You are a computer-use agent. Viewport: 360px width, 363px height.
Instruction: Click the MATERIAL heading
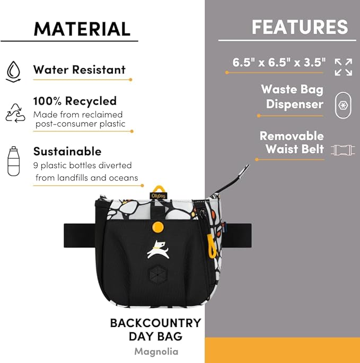(82, 29)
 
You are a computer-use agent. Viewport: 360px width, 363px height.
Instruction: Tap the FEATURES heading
(300, 27)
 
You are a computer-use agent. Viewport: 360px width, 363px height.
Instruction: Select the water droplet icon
(13, 72)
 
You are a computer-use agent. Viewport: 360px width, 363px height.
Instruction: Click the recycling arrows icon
(15, 113)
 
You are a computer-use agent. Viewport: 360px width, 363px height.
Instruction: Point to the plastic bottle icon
(13, 161)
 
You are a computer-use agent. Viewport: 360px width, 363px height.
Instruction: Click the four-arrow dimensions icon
(344, 67)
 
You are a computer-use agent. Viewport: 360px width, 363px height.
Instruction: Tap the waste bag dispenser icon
(343, 105)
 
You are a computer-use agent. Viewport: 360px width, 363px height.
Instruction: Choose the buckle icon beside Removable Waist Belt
(343, 150)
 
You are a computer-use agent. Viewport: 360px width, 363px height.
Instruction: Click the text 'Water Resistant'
(79, 69)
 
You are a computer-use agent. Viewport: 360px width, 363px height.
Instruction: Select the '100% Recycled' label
(75, 101)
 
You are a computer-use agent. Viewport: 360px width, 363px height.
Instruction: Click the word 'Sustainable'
(67, 152)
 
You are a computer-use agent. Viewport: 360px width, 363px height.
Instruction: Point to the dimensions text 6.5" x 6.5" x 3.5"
(279, 63)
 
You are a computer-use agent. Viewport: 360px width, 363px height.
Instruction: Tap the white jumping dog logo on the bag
(159, 250)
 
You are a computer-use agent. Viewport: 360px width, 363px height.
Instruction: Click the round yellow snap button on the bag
(158, 227)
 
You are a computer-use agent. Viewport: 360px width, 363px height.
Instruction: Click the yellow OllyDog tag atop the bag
(159, 193)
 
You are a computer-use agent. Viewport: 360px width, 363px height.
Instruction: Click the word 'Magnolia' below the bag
(156, 351)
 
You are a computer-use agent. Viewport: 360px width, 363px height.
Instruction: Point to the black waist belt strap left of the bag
(80, 235)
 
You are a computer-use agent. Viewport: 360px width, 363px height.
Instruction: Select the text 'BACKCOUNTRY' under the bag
(156, 323)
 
